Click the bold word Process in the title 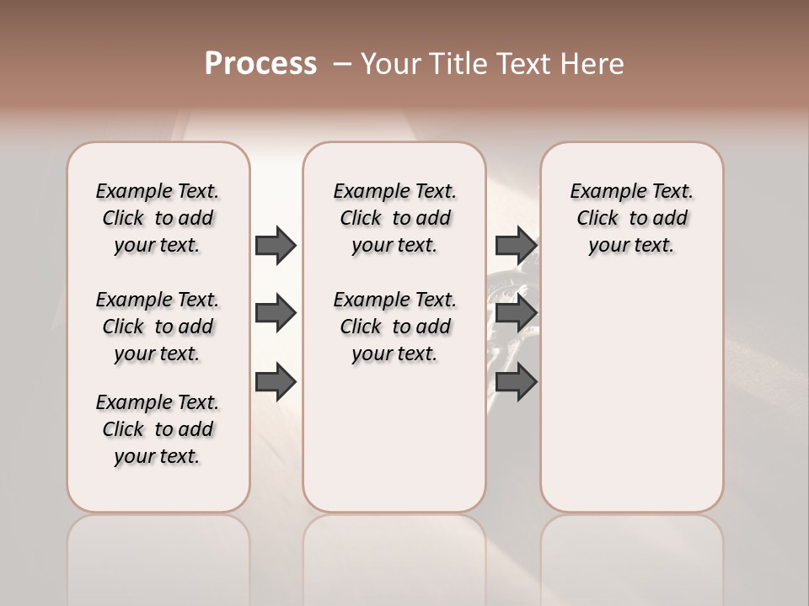point(260,64)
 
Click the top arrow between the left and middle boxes point(276,245)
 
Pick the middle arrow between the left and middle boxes point(276,314)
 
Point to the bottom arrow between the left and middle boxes point(276,382)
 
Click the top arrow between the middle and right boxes point(516,245)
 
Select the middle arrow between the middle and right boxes point(516,314)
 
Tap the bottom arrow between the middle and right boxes point(516,382)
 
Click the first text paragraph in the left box point(158,218)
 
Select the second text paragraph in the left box point(158,327)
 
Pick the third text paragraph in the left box point(158,429)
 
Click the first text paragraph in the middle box point(394,218)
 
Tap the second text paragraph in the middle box point(394,327)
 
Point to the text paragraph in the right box point(632,218)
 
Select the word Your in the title point(391,64)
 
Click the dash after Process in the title point(342,64)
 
